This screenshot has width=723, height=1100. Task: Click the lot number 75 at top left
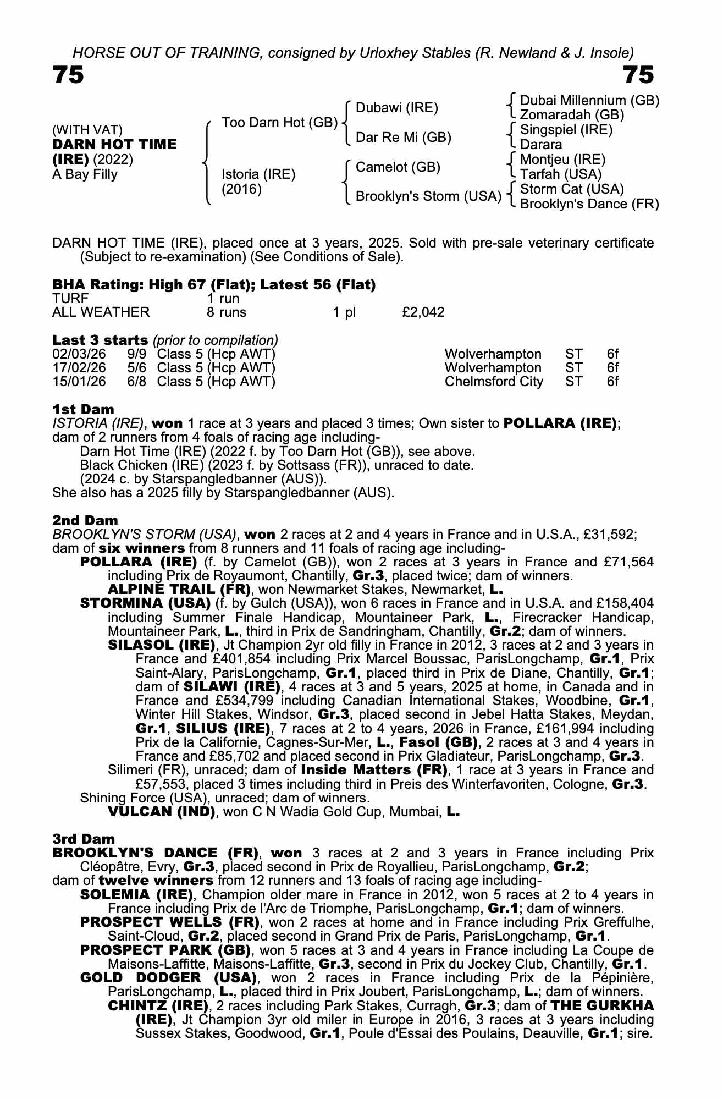[68, 74]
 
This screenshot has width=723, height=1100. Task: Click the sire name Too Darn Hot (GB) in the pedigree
[279, 122]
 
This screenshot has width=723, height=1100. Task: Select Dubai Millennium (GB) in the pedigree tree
[589, 101]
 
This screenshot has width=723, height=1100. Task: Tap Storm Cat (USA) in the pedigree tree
[572, 189]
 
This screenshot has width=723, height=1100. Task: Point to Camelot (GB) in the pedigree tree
[398, 167]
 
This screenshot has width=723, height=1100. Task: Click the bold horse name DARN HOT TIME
[114, 145]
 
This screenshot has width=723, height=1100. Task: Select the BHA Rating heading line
[214, 284]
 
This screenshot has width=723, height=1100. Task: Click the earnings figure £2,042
[423, 312]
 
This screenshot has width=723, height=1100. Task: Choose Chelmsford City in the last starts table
[494, 382]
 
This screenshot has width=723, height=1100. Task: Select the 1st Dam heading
[83, 409]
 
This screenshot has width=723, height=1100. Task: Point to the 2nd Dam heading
[85, 520]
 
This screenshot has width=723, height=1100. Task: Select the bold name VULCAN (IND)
[161, 812]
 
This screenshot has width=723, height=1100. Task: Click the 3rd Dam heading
[84, 839]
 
